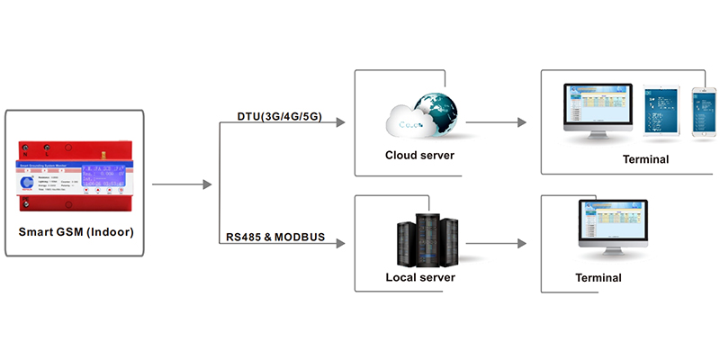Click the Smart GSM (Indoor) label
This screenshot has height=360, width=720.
pyautogui.click(x=76, y=232)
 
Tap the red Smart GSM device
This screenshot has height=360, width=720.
pyautogui.click(x=76, y=175)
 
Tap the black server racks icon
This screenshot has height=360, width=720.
pyautogui.click(x=422, y=238)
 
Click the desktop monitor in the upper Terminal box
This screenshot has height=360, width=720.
pyautogui.click(x=598, y=112)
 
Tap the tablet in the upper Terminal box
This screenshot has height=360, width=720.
pyautogui.click(x=665, y=112)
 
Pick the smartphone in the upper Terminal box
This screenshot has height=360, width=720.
pyautogui.click(x=703, y=112)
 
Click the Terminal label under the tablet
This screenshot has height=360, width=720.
pyautogui.click(x=645, y=159)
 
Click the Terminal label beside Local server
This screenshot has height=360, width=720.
pyautogui.click(x=598, y=277)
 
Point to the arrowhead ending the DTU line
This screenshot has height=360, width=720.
pyautogui.click(x=340, y=121)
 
